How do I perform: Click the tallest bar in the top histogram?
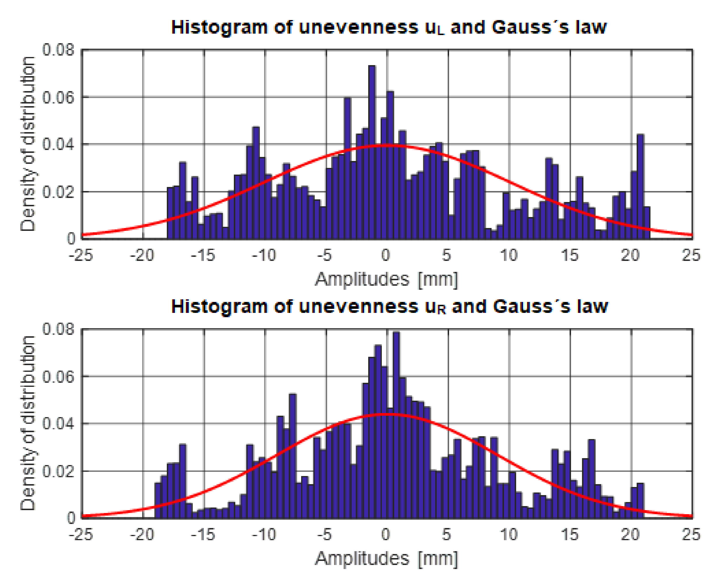372,152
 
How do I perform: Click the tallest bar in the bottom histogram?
396,424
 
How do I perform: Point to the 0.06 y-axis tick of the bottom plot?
58,377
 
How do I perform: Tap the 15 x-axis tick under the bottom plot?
569,534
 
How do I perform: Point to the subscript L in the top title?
441,32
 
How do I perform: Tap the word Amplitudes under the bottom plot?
362,558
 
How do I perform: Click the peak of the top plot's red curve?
387,145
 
